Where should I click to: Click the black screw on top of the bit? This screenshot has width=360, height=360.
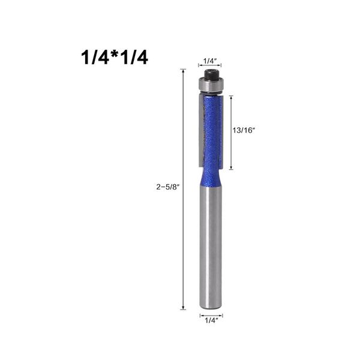211,75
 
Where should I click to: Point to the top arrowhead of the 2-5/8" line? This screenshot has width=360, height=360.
183,71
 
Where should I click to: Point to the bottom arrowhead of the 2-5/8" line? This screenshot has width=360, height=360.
183,308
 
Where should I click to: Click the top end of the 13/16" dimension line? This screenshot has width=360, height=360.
231,96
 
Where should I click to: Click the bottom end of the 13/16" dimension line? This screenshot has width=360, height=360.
231,166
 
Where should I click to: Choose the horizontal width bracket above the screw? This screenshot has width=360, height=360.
211,67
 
